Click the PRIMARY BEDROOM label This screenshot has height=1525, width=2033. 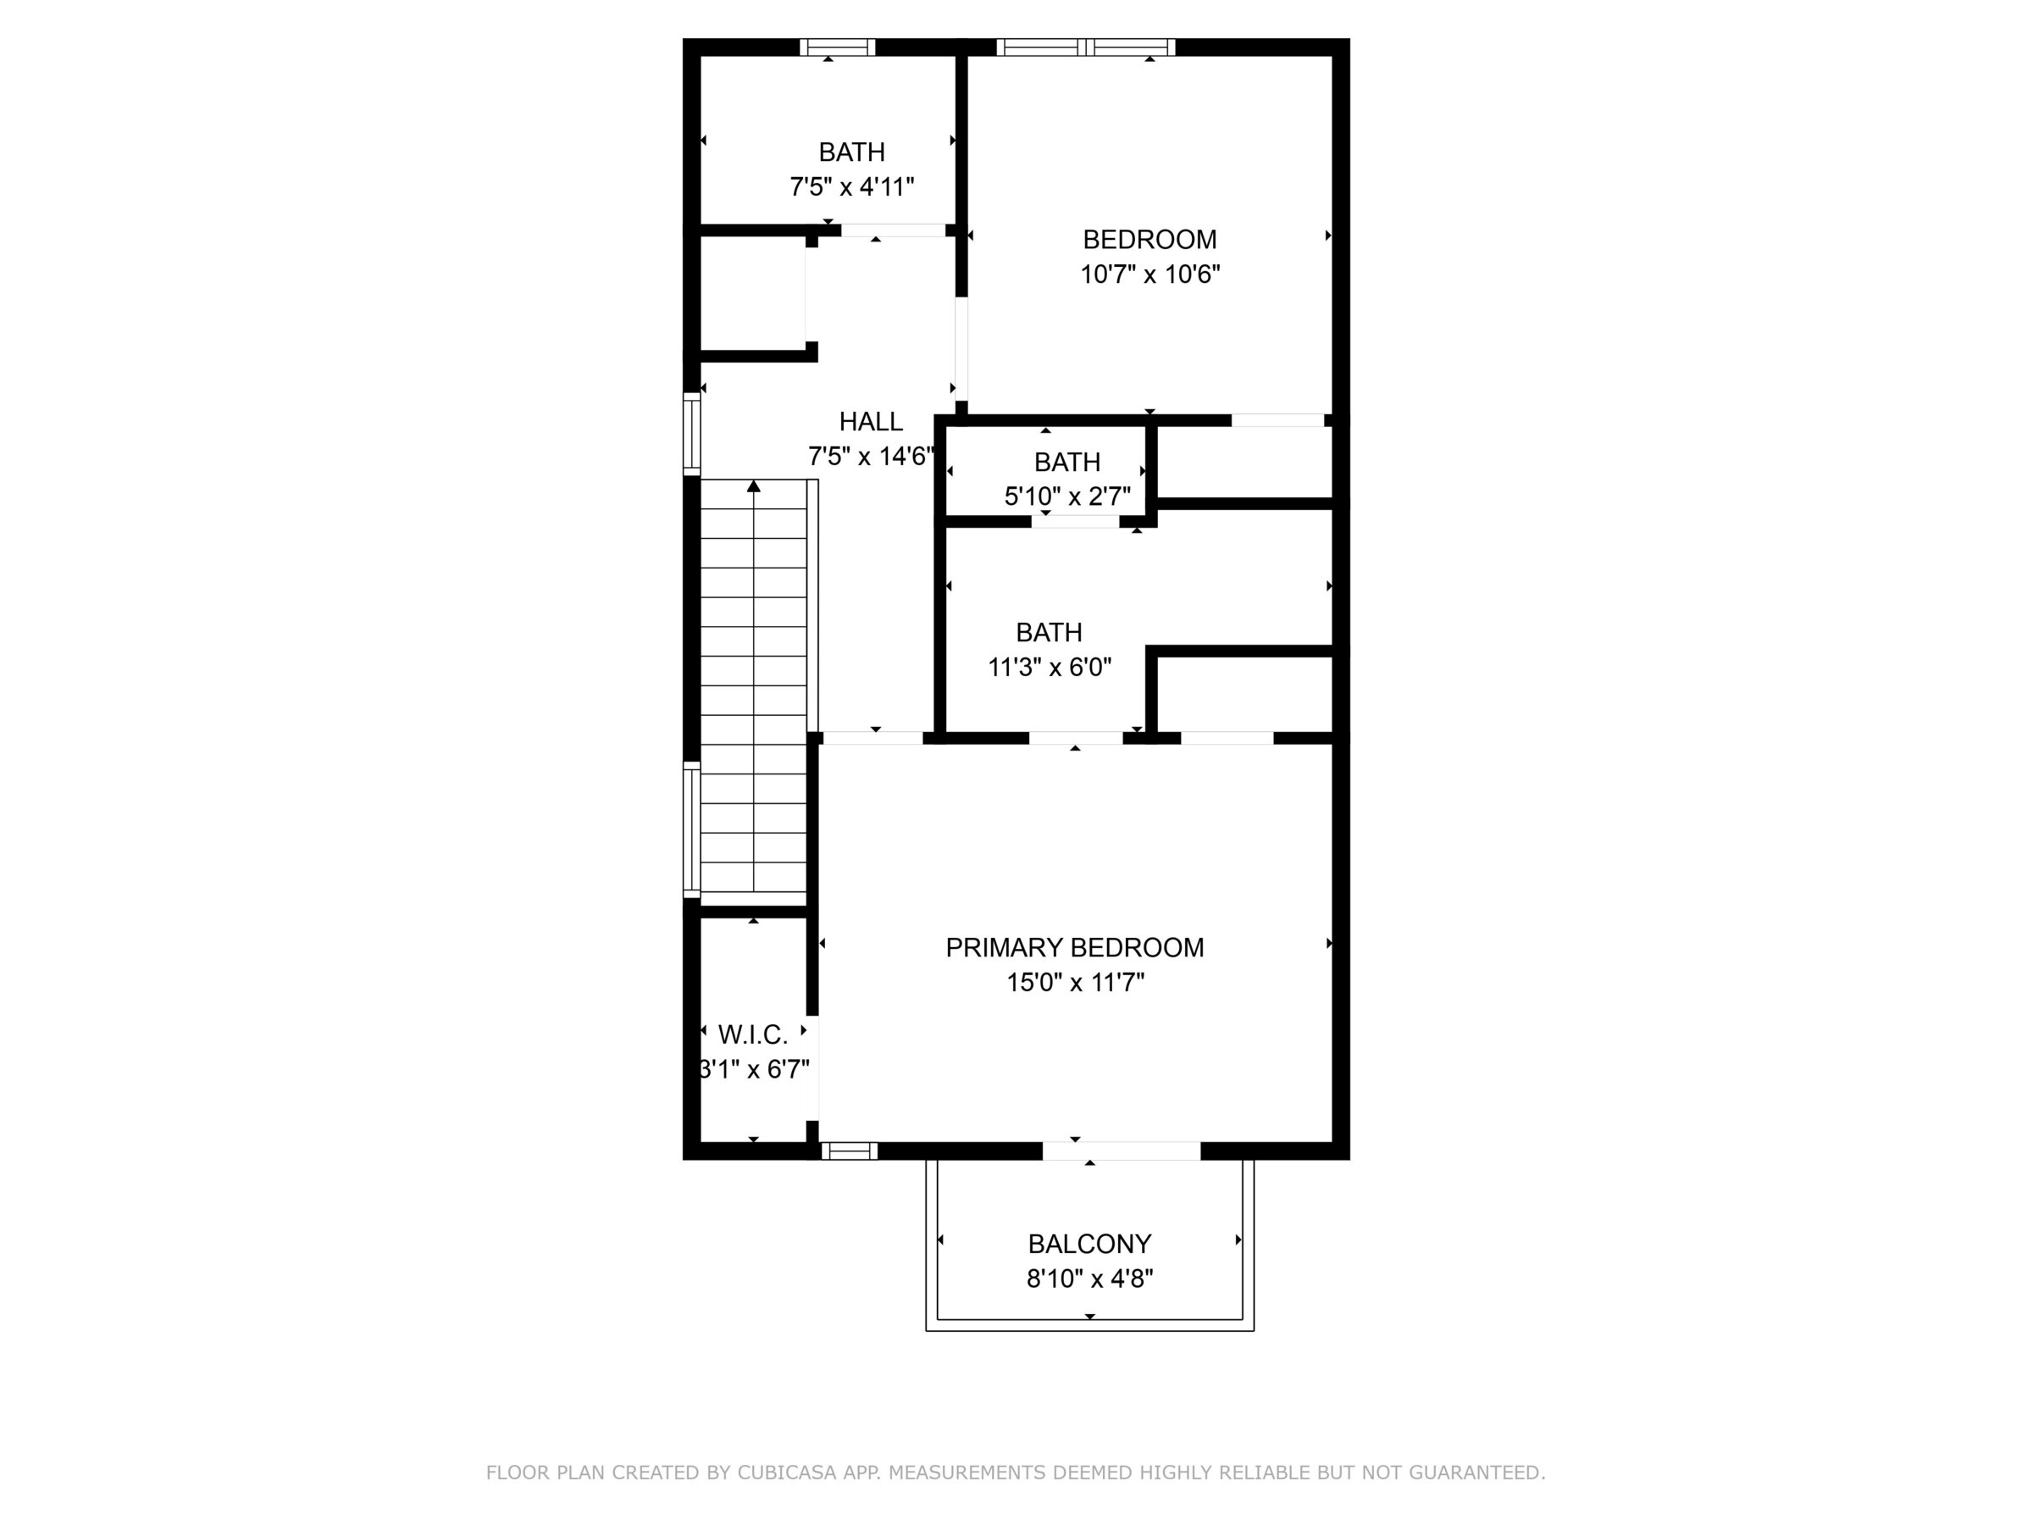pyautogui.click(x=1074, y=948)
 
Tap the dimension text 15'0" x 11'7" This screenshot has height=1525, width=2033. pyautogui.click(x=1075, y=983)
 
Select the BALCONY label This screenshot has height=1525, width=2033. pyautogui.click(x=1089, y=1244)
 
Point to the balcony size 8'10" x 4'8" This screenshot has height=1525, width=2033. pyautogui.click(x=1090, y=1278)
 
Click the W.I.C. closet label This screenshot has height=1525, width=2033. pyautogui.click(x=753, y=1035)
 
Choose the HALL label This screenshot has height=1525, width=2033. pyautogui.click(x=870, y=422)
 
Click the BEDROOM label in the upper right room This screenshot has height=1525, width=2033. pyautogui.click(x=1149, y=240)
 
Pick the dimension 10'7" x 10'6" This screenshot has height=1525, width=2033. pyautogui.click(x=1149, y=274)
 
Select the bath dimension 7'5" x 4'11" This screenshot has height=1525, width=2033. pyautogui.click(x=852, y=186)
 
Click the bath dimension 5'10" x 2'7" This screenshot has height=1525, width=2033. pyautogui.click(x=1067, y=496)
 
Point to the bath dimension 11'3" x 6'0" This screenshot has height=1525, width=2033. pyautogui.click(x=1050, y=667)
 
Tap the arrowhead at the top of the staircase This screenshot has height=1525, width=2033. pyautogui.click(x=754, y=485)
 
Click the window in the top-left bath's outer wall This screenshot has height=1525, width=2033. pyautogui.click(x=837, y=47)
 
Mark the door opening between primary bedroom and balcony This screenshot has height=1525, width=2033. pyautogui.click(x=1122, y=1151)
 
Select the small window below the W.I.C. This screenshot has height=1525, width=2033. pyautogui.click(x=850, y=1151)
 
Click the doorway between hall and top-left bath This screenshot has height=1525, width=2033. pyautogui.click(x=894, y=230)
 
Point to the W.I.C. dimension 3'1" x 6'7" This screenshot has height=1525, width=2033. pyautogui.click(x=755, y=1070)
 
